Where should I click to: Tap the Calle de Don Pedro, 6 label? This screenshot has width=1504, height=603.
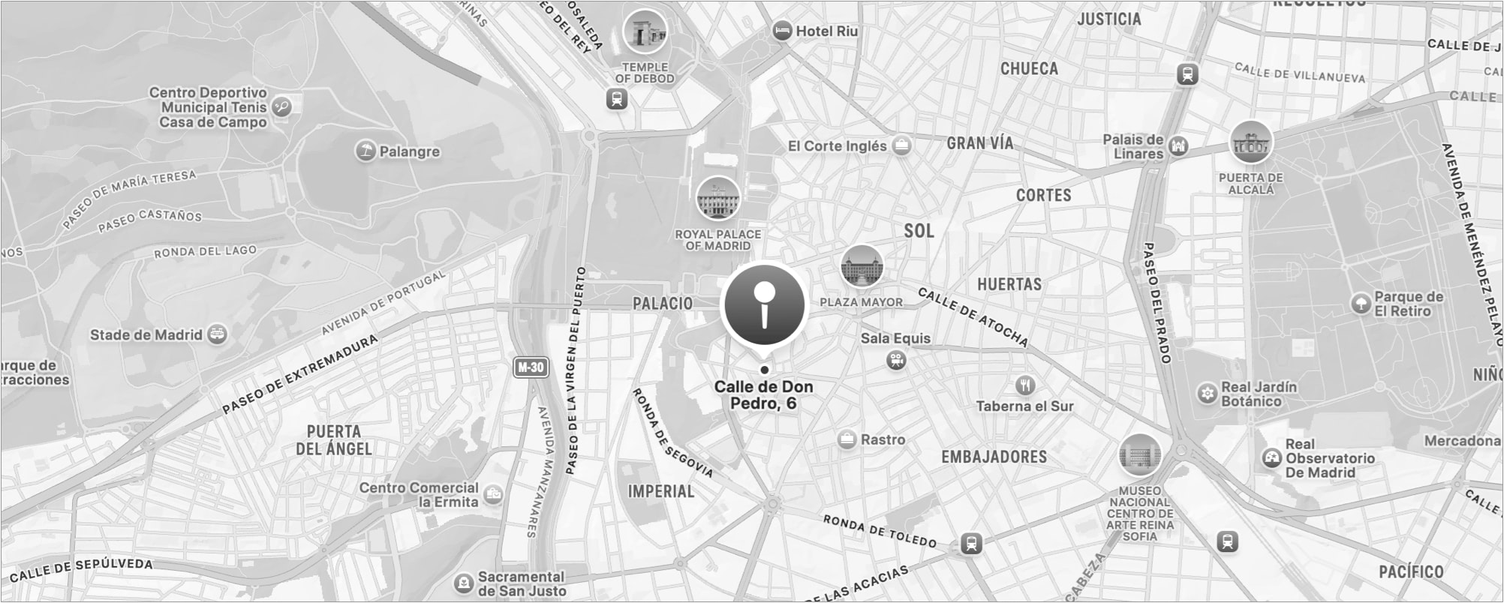click(763, 394)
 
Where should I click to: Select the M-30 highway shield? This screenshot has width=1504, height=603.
click(531, 367)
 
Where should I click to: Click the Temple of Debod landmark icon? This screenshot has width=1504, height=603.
click(645, 31)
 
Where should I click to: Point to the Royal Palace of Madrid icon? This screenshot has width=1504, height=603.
click(717, 198)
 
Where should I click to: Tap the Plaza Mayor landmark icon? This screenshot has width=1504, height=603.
click(861, 266)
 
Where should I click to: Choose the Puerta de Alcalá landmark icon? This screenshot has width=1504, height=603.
click(1250, 142)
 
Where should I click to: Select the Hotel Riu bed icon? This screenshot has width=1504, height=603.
click(782, 31)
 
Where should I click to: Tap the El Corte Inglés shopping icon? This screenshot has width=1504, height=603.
click(901, 145)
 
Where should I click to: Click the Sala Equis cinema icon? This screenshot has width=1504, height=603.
click(895, 361)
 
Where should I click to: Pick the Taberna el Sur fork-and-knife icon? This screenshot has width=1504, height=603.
click(1025, 385)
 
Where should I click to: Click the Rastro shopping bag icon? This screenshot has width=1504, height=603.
click(847, 439)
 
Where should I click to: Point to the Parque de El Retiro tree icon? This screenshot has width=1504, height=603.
click(1361, 304)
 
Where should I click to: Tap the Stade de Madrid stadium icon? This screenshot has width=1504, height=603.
click(217, 334)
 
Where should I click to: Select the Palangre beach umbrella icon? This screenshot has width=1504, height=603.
click(365, 151)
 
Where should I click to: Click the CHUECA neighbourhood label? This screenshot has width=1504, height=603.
click(1029, 69)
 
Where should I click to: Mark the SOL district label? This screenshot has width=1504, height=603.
click(919, 231)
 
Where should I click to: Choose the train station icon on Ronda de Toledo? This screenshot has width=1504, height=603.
click(971, 544)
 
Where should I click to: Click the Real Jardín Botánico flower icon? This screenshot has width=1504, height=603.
click(1207, 393)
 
